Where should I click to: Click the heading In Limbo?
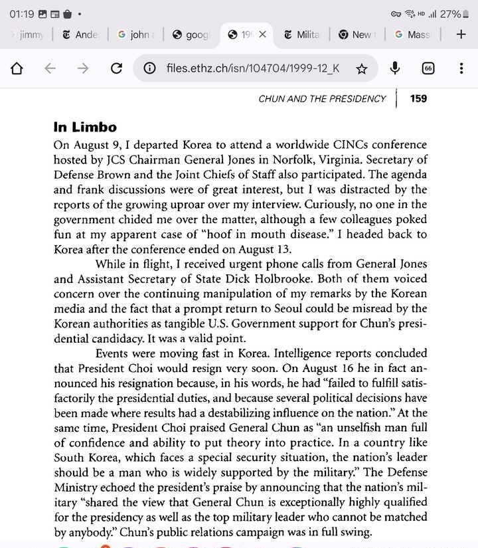[x=85, y=127]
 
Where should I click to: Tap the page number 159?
[x=419, y=98]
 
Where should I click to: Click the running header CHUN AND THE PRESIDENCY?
[x=322, y=98]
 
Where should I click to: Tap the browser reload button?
[x=116, y=68]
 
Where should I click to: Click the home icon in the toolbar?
[x=17, y=68]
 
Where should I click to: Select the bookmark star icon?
[x=362, y=68]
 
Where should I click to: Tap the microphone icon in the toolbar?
[x=395, y=68]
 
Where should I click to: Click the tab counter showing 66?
[x=428, y=68]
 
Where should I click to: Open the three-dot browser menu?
[x=461, y=68]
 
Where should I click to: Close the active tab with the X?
[x=262, y=35]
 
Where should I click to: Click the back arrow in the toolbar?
[x=50, y=68]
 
